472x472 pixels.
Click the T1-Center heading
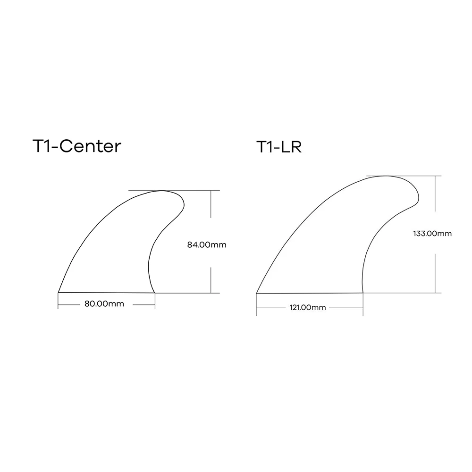[x=76, y=146]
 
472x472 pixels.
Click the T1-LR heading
[x=279, y=147]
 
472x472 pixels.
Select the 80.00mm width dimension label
[x=104, y=304]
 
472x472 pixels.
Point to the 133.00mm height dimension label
[x=432, y=233]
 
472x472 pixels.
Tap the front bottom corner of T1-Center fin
[x=59, y=293]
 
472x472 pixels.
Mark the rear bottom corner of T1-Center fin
[x=155, y=293]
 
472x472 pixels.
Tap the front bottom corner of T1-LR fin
[x=257, y=294]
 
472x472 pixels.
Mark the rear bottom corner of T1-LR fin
[x=363, y=293]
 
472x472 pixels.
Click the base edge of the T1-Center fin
[x=107, y=293]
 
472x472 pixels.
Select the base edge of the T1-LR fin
[x=310, y=294]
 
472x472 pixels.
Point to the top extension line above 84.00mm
[x=198, y=191]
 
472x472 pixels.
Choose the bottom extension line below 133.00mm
[x=420, y=293]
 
